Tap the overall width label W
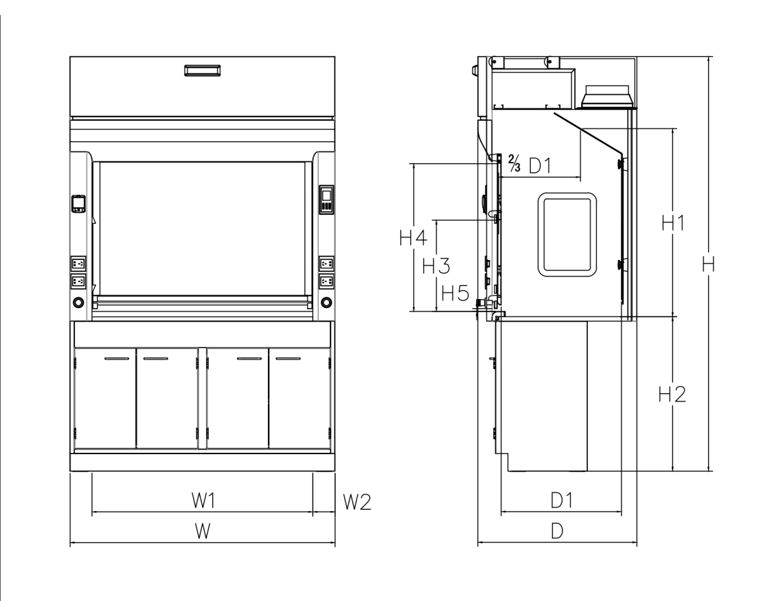(x=201, y=531)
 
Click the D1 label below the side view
(x=561, y=501)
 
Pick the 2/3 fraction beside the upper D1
(x=514, y=165)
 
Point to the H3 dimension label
(x=436, y=266)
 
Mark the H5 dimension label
(x=455, y=294)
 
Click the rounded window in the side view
(x=567, y=234)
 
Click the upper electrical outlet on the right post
(x=326, y=263)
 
